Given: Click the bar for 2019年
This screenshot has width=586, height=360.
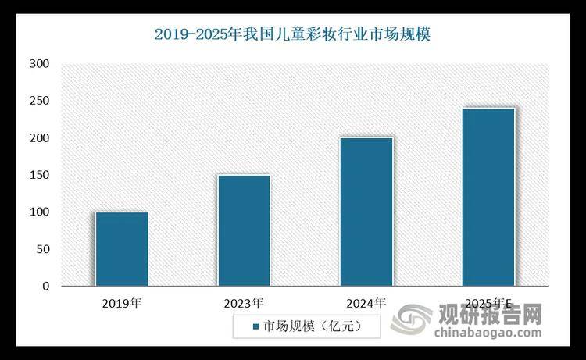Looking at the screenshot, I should point(121,249).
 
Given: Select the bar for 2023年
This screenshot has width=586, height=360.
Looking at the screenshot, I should point(244,230).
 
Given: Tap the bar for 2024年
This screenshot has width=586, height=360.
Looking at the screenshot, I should point(366,212).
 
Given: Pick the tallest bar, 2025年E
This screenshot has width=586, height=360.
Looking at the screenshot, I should point(488,197).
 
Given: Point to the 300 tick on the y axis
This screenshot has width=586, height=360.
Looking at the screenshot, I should point(39,64).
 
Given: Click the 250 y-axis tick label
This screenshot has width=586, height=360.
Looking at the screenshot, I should point(39,102).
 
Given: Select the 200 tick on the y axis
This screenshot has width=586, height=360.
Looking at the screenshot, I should point(39,138).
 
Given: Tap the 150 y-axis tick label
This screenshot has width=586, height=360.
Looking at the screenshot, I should point(39,176).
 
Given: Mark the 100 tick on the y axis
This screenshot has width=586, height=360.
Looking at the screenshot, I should point(39,212).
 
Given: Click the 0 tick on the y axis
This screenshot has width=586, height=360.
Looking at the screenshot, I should point(46,287).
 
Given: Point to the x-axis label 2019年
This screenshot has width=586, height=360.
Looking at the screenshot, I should point(121,301).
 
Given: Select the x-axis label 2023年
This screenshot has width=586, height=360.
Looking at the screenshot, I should point(244,301).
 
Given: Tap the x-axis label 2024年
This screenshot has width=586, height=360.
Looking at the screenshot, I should point(366,301).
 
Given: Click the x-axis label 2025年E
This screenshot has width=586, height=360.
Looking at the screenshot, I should point(488,301).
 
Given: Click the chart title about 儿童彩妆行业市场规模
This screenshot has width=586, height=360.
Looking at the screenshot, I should point(293,34).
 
